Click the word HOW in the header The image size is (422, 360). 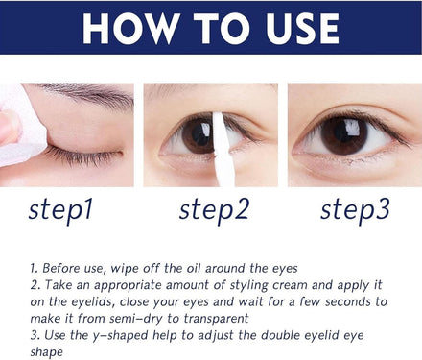(x=130, y=29)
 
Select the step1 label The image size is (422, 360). (x=60, y=210)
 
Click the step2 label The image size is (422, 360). (x=214, y=210)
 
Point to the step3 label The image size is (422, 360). (x=355, y=210)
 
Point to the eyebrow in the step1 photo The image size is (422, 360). (x=89, y=94)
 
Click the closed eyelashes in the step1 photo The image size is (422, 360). (x=84, y=156)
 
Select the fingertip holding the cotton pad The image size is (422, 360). (x=9, y=128)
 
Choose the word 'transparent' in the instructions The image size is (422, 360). (x=216, y=319)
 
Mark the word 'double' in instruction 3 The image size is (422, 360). (x=281, y=335)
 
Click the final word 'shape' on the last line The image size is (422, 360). (x=47, y=352)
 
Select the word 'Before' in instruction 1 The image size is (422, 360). (x=60, y=268)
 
